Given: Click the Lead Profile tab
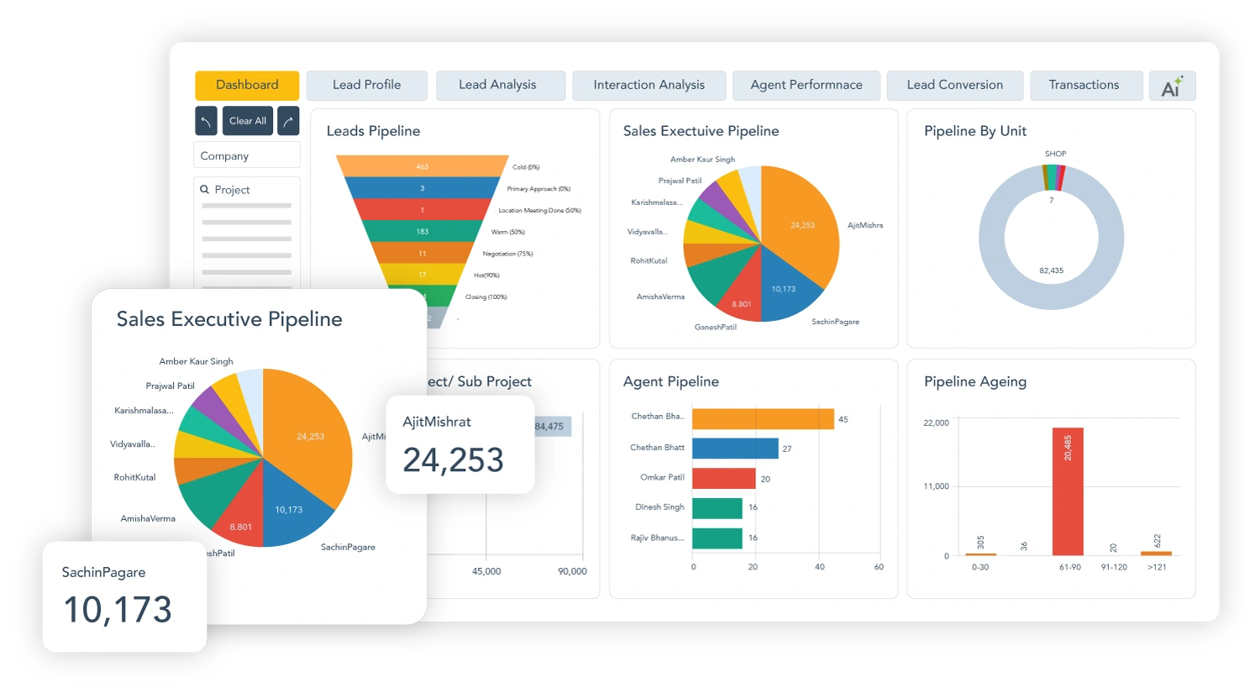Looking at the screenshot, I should click(x=366, y=85).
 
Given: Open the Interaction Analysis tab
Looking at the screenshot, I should click(x=648, y=85).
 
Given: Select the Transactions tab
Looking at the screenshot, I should click(x=1084, y=85).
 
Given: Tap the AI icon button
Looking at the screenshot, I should click(x=1172, y=86).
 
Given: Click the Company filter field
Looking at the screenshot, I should click(x=246, y=155).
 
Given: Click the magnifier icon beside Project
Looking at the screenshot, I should click(x=204, y=190).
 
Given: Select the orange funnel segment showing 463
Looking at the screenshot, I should click(x=422, y=166).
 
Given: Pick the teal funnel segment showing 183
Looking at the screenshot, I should click(x=422, y=231).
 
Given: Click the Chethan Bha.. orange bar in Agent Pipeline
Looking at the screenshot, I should click(x=762, y=418).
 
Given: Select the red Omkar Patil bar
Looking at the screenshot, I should click(x=723, y=478).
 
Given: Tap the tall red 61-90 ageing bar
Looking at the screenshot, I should click(x=1067, y=491).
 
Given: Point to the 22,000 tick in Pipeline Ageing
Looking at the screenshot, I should click(x=936, y=423).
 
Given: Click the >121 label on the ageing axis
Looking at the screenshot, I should click(x=1157, y=567).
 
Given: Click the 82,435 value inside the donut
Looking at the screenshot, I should click(x=1051, y=270).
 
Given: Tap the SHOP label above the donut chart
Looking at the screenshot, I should click(x=1055, y=154).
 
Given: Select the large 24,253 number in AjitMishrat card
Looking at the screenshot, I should click(x=453, y=460).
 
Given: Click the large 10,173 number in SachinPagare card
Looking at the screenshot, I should click(x=118, y=610).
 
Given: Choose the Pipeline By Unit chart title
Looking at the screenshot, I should click(x=974, y=131).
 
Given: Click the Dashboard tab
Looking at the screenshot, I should click(x=247, y=85).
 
